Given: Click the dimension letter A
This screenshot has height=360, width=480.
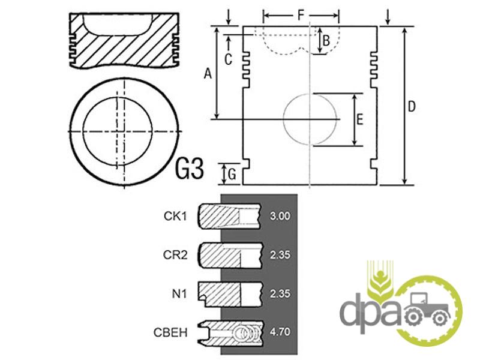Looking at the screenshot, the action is tap(208, 74).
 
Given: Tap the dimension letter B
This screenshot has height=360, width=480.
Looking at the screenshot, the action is tap(326, 40).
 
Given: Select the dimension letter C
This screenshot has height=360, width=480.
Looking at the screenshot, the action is tap(228, 59).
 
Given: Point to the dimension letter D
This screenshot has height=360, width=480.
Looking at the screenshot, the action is tap(412, 107).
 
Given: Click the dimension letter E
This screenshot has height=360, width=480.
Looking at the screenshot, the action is tap(360, 119).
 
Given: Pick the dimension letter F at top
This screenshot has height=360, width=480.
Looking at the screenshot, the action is tap(301, 14).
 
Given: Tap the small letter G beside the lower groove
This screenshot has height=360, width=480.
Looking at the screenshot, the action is tap(232, 175).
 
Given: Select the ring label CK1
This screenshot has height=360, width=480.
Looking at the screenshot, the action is tap(175, 216).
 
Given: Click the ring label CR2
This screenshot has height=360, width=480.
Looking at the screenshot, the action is tap(175, 254).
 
